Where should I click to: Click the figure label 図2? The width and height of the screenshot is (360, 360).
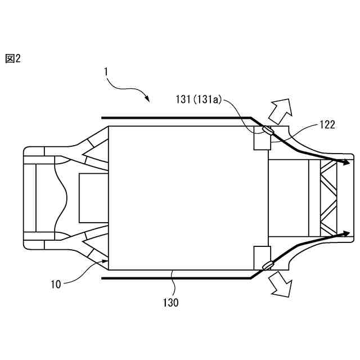pos(13,58)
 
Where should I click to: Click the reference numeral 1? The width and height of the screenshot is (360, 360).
pos(105,71)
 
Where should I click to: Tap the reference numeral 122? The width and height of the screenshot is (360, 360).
pos(328,124)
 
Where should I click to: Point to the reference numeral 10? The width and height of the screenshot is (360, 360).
pos(56,284)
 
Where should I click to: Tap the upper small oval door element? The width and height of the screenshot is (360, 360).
pos(266,132)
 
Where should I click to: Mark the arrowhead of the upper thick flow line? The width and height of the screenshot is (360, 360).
pos(342,163)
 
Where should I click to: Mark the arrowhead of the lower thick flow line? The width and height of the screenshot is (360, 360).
pos(342,232)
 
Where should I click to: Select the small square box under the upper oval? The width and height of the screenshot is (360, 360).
pos(262,142)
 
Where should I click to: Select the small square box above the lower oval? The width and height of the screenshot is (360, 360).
pos(262,254)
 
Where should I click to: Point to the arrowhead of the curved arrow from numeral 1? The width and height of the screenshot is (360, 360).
pos(147,100)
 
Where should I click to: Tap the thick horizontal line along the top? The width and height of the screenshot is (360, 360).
pos(174,118)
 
